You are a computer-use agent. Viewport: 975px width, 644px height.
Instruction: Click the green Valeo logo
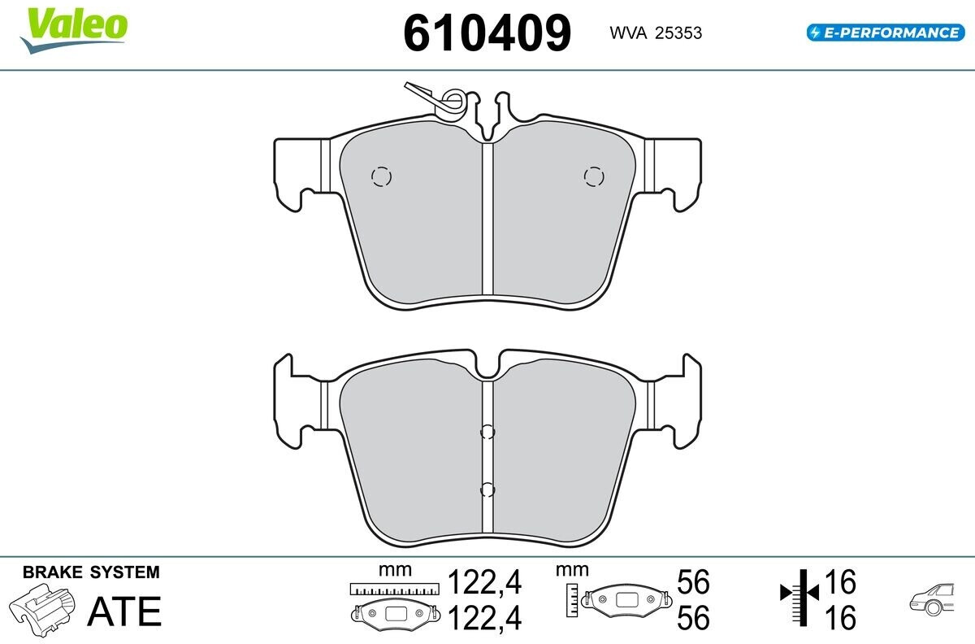[x=74, y=30]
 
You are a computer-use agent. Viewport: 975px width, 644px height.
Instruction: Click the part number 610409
[x=487, y=33]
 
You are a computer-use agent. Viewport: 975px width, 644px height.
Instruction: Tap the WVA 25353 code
[x=656, y=33]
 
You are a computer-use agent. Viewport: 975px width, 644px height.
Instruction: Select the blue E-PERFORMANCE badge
[x=886, y=33]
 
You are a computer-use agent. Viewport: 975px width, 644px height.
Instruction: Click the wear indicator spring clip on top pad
[x=440, y=100]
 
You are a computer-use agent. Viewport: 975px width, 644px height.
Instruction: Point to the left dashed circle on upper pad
[x=381, y=176]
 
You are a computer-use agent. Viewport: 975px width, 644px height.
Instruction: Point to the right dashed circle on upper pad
[x=594, y=176]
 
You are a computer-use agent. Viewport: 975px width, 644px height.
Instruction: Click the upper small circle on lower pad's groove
[x=487, y=432]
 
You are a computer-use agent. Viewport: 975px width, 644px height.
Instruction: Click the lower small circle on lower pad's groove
[x=487, y=490]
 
